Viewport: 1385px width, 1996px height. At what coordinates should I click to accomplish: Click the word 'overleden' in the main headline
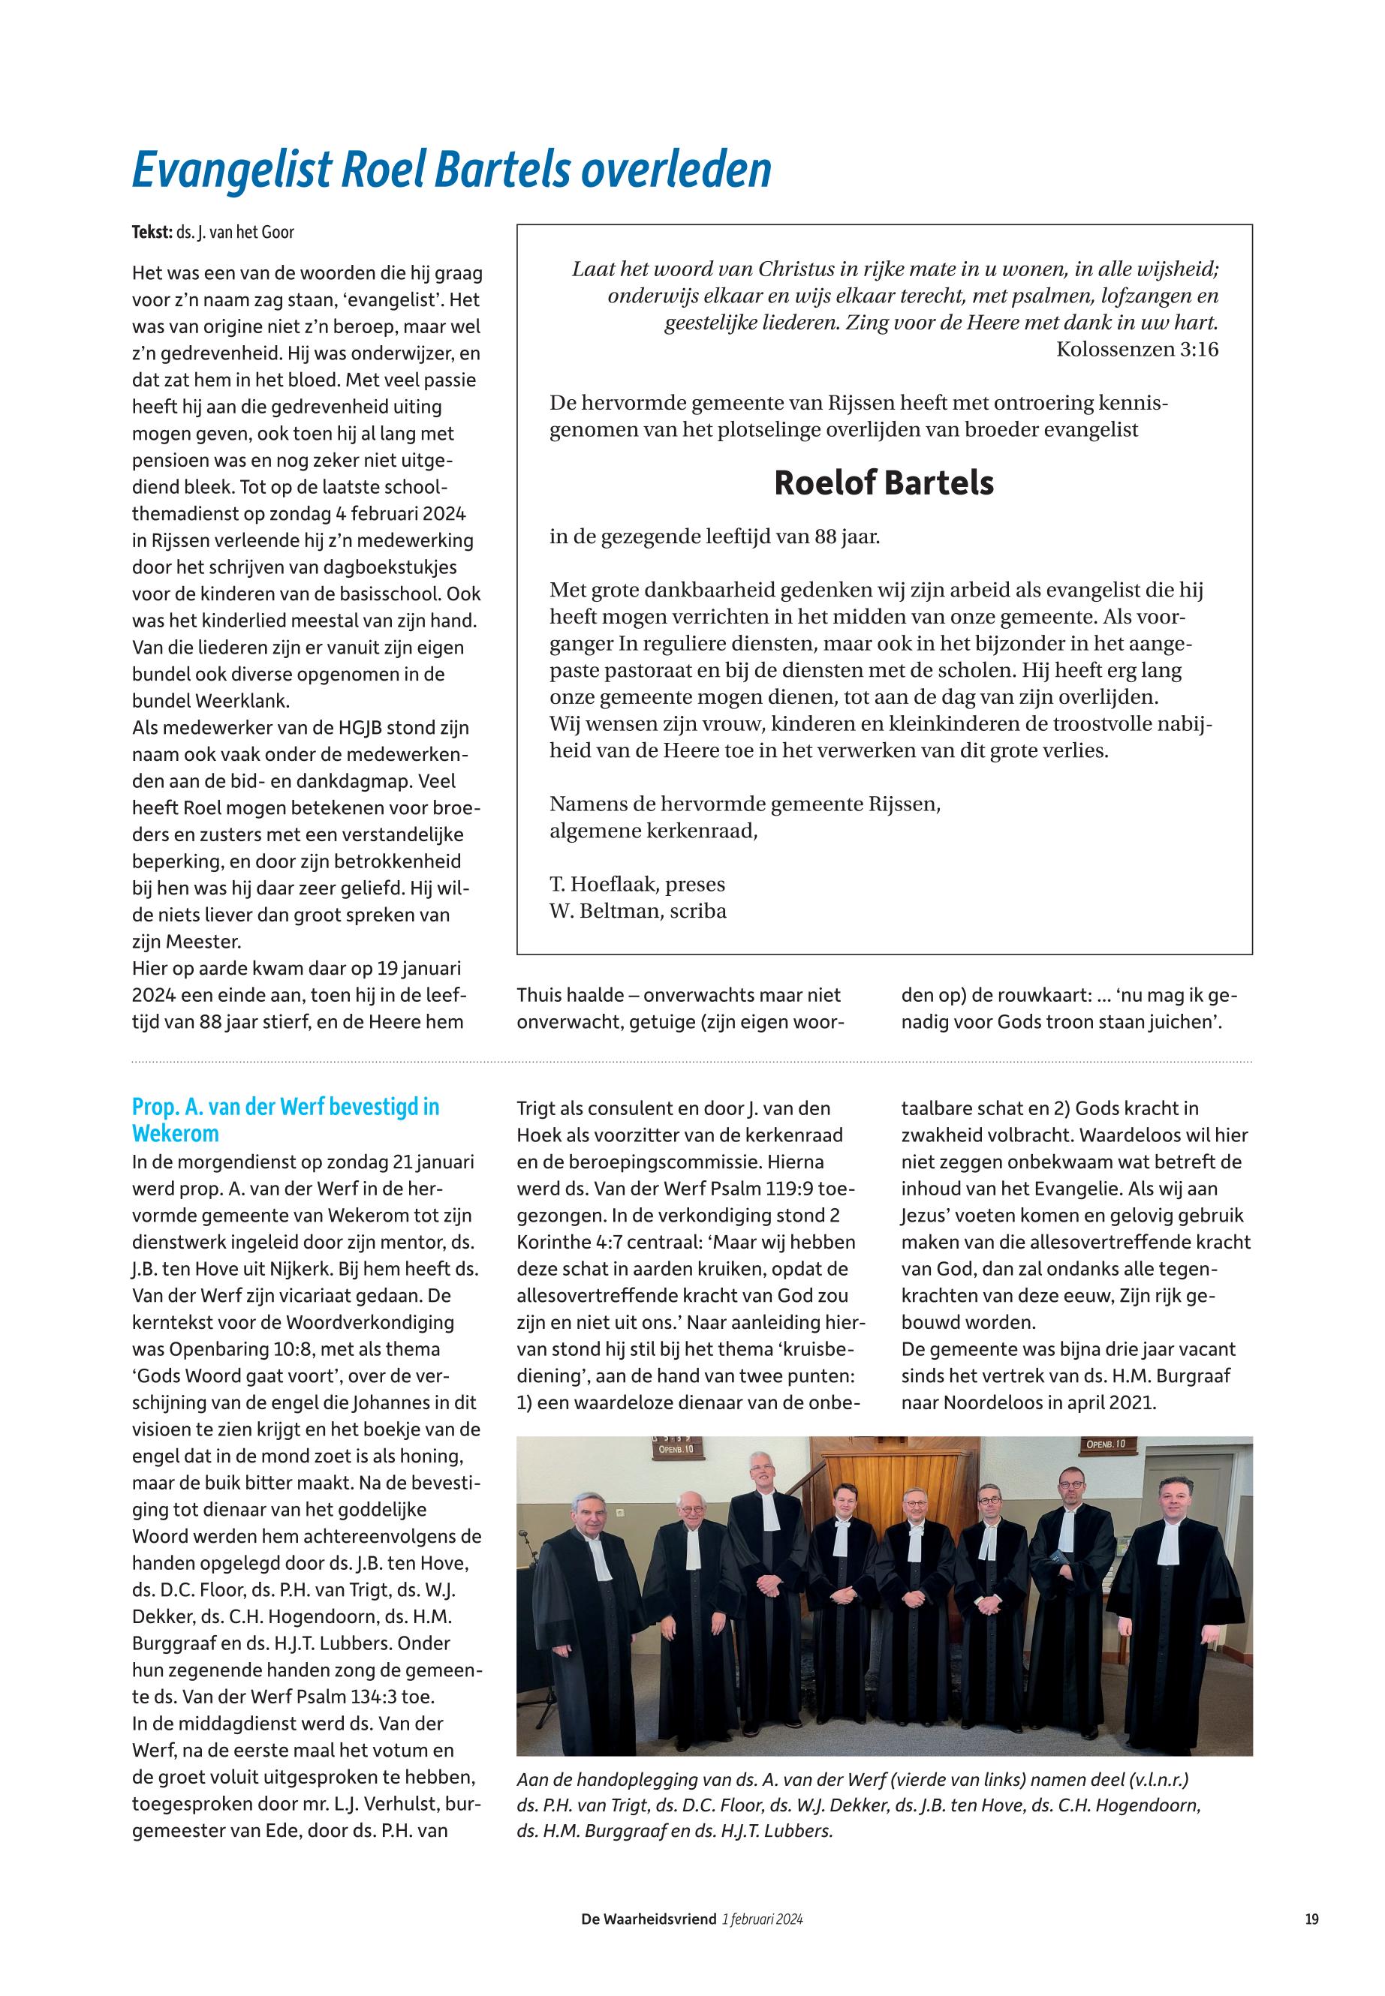(x=676, y=171)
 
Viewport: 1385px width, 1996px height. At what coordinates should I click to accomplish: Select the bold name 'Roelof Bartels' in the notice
(x=884, y=483)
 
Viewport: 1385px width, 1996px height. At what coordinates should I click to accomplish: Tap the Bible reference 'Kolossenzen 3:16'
(x=1137, y=350)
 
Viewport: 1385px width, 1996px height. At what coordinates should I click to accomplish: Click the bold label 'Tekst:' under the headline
(x=152, y=233)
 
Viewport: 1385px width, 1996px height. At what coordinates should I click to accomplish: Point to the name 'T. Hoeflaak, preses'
(x=637, y=885)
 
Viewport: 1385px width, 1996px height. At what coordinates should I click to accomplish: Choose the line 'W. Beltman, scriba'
(x=638, y=912)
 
